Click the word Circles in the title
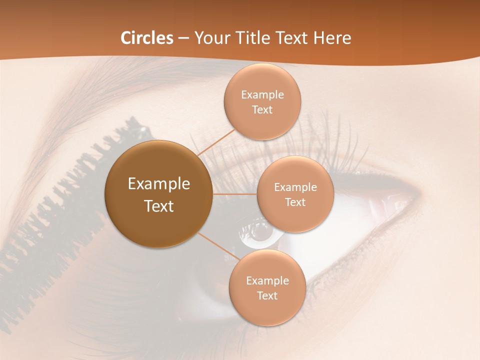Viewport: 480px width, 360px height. pyautogui.click(x=146, y=38)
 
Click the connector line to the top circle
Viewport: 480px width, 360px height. pyautogui.click(x=216, y=142)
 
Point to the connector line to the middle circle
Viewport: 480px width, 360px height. pyautogui.click(x=235, y=194)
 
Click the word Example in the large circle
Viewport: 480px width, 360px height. pyautogui.click(x=158, y=184)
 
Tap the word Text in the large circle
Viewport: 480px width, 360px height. pyautogui.click(x=158, y=206)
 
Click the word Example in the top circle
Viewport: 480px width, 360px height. pyautogui.click(x=262, y=95)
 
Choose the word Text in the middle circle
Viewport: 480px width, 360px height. pyautogui.click(x=295, y=202)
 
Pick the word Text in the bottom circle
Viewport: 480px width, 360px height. pyautogui.click(x=267, y=295)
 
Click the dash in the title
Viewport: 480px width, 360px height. pyautogui.click(x=183, y=38)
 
